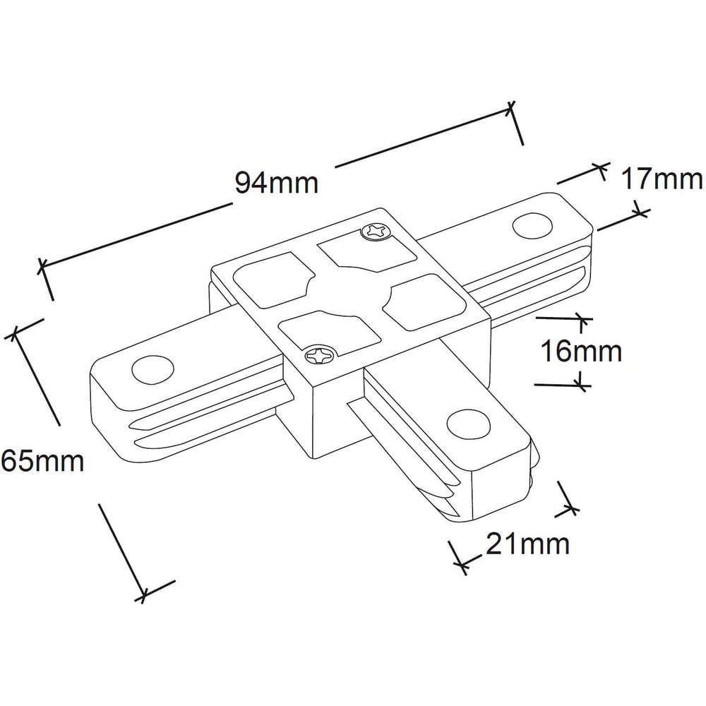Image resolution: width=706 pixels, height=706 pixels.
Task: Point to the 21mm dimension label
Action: click(527, 544)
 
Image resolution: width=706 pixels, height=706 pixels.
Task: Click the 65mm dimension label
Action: click(42, 461)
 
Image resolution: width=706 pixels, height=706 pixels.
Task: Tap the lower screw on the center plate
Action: click(320, 356)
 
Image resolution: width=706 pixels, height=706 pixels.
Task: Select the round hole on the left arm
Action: click(152, 369)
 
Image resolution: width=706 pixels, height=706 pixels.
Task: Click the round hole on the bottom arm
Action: click(468, 426)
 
